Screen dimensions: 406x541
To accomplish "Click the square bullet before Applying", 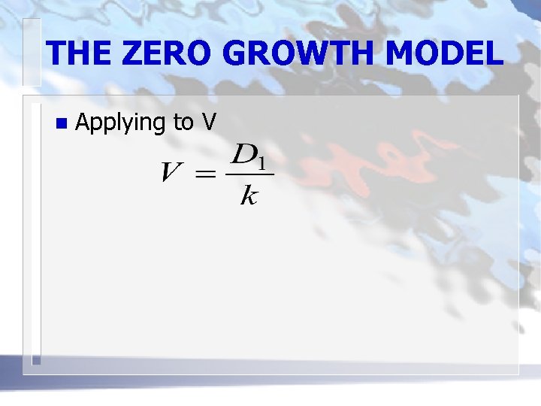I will (x=60, y=123).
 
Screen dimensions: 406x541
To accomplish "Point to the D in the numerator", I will (x=243, y=157).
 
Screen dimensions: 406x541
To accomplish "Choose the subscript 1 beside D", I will (x=261, y=162).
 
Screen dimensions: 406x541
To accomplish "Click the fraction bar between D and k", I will (x=249, y=176).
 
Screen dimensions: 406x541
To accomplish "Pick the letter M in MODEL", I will (x=399, y=54).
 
